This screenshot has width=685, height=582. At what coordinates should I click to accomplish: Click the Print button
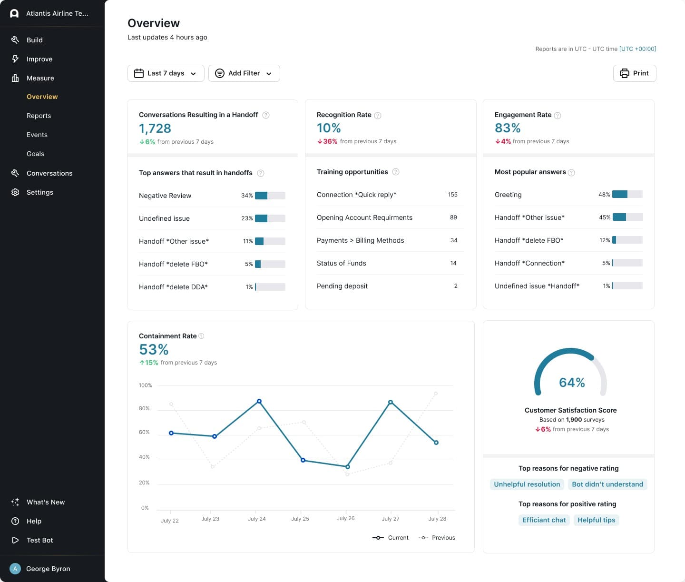tap(634, 73)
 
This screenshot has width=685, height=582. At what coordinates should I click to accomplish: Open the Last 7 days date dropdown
tap(166, 73)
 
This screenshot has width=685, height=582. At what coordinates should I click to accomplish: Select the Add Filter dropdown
tap(244, 73)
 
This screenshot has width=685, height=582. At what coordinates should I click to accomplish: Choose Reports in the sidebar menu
tap(39, 116)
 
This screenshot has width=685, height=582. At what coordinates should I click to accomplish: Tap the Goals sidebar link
tap(36, 154)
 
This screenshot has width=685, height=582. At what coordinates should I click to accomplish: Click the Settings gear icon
tap(15, 192)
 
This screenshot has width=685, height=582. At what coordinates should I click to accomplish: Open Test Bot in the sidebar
tap(40, 540)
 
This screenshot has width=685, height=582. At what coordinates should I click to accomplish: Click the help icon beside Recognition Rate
tap(377, 116)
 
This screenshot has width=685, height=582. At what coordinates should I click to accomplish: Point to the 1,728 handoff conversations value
tap(155, 128)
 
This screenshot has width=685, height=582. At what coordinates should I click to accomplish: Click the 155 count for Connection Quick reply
tap(452, 195)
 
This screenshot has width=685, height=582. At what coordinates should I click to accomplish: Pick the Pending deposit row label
tap(342, 286)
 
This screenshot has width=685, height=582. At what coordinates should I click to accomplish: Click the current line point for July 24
tap(259, 401)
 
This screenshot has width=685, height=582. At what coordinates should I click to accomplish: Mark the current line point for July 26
tap(347, 467)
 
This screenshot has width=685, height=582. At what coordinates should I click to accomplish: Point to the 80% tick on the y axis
tap(144, 409)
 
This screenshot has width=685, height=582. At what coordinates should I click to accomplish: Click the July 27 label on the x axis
tap(391, 519)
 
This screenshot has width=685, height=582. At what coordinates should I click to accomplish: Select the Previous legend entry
tap(437, 538)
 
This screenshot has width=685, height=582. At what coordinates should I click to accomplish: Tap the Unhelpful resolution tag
tap(527, 484)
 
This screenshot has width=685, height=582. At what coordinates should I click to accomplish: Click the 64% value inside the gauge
tap(572, 382)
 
